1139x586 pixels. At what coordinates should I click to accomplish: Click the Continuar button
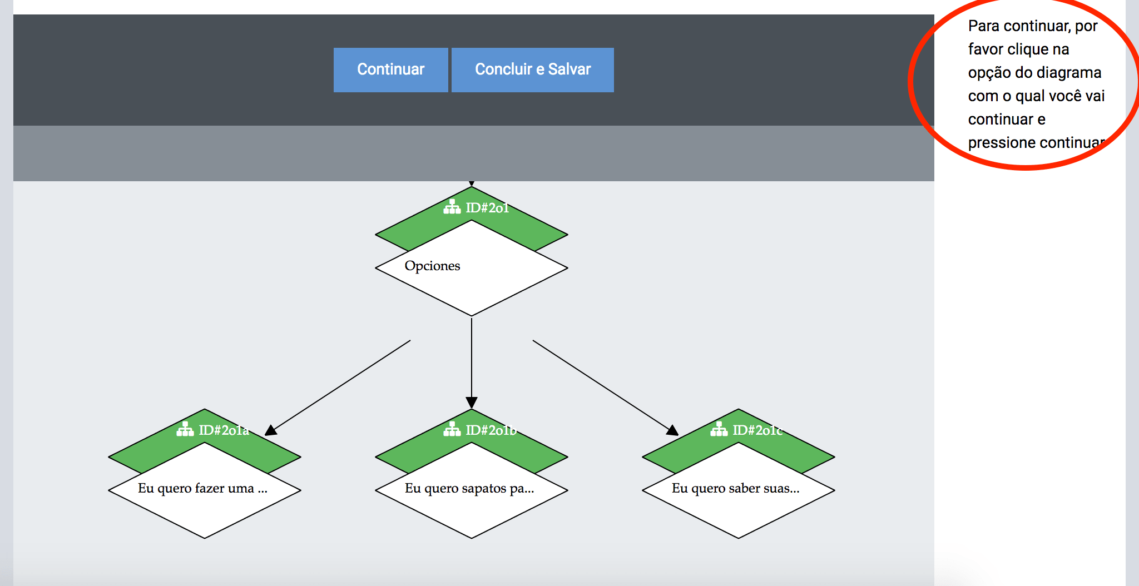pos(390,69)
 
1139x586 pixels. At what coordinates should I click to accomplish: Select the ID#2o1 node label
pos(487,208)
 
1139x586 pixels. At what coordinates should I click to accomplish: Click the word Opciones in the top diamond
pos(432,266)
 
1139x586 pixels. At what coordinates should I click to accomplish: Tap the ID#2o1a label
pos(224,430)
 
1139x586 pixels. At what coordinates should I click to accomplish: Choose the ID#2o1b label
pos(491,430)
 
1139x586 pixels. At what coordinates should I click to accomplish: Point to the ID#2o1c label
pos(757,430)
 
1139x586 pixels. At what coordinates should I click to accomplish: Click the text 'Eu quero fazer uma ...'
pos(203,488)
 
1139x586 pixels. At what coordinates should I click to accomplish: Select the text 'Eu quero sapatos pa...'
pos(469,489)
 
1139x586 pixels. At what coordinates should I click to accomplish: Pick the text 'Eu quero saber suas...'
pos(736,488)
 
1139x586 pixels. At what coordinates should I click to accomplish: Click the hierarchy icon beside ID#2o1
pos(452,207)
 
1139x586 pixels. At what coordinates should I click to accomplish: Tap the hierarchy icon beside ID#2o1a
pos(185,429)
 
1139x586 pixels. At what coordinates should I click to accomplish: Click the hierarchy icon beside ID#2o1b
pos(452,429)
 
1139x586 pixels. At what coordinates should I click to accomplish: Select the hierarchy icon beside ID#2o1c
pos(719,429)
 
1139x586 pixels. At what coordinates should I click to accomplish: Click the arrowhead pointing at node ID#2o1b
pos(472,403)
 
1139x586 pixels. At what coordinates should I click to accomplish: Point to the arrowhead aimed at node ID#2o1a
pos(271,430)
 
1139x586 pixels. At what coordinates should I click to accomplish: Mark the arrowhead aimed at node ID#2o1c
pos(672,430)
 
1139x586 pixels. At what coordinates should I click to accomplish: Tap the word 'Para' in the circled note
pos(984,26)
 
